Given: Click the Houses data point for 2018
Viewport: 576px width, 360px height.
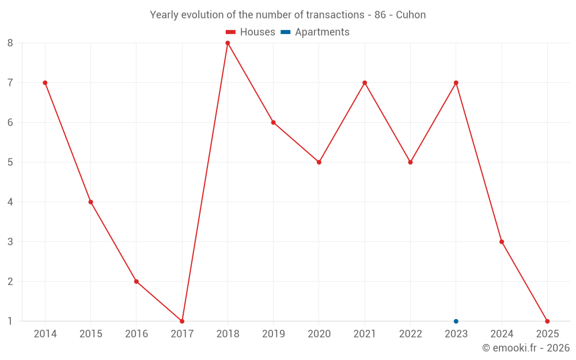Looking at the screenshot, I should pos(228,43).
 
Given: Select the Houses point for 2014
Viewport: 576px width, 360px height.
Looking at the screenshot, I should pos(45,83).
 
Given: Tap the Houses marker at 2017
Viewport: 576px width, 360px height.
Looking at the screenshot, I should pos(182,321).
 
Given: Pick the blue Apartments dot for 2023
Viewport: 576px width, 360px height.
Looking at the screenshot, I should pos(456,321).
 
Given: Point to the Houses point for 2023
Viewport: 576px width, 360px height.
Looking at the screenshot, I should pos(456,83).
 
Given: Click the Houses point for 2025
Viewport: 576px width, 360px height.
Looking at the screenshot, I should pos(547,321).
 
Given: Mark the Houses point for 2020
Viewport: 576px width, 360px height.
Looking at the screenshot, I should pos(319,162).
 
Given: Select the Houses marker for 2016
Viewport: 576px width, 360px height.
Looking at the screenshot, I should pos(137,281).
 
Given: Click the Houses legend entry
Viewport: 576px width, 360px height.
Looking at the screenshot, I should pos(250,32).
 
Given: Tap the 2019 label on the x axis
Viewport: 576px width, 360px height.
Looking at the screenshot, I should pos(273,334).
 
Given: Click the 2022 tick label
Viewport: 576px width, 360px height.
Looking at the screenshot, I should pos(410,334).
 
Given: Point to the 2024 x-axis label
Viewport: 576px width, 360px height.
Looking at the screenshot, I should pos(502,334).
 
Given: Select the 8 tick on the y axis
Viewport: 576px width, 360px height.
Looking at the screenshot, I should pos(10,43).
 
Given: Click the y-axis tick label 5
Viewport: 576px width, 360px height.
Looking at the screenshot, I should pos(10,162).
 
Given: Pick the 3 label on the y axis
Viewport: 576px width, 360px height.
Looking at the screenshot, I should pos(10,241).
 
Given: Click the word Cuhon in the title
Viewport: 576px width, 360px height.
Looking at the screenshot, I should pos(411,15).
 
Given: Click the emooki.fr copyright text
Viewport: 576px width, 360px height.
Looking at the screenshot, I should pos(526,348).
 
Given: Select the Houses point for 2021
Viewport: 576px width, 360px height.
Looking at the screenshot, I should pos(365,83).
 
